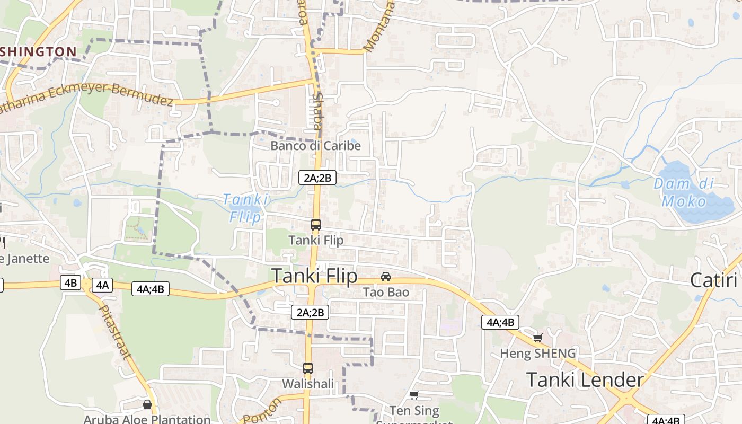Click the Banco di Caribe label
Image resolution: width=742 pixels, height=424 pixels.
tap(315, 145)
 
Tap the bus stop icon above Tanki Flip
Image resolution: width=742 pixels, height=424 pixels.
tap(316, 224)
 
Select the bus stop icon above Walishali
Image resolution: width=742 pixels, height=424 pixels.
tap(308, 368)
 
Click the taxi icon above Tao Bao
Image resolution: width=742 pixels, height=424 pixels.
tap(386, 277)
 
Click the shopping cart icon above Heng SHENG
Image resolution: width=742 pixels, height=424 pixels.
tap(537, 338)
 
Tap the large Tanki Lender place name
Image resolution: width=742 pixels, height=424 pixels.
tap(585, 380)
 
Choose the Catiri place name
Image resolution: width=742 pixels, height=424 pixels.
tap(714, 280)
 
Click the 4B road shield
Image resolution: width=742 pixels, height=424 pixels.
tap(70, 283)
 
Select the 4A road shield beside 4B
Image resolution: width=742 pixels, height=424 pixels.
tap(102, 285)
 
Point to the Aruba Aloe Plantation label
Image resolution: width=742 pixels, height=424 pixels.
tap(147, 419)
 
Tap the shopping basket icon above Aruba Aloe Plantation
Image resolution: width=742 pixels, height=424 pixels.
tap(147, 404)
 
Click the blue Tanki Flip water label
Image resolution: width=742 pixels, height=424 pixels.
tap(245, 208)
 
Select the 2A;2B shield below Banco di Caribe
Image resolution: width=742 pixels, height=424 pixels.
tap(317, 178)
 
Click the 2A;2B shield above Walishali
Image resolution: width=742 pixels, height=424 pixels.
tap(310, 312)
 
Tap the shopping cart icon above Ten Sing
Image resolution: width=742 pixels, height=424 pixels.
tap(414, 395)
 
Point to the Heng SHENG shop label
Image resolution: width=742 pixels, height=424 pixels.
tap(538, 353)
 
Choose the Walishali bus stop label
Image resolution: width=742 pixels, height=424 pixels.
tap(308, 383)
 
